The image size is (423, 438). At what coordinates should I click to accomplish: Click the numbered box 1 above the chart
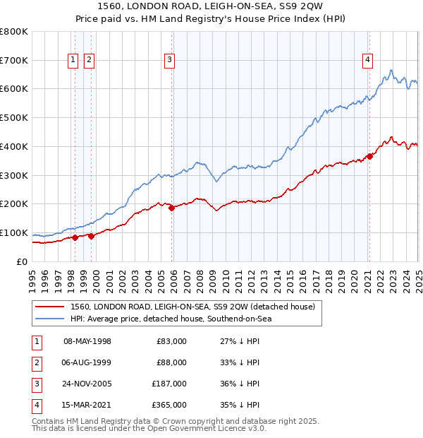(74, 61)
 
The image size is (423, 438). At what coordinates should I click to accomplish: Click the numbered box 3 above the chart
(170, 61)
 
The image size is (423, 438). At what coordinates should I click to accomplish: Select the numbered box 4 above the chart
(368, 61)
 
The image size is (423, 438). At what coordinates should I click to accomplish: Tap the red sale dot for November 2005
(171, 208)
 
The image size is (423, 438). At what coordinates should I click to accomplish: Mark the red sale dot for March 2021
(369, 156)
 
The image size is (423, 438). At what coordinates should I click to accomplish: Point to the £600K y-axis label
(13, 89)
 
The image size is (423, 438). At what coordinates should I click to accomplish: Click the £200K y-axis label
(13, 204)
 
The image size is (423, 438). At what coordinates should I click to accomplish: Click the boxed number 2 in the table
(35, 363)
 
